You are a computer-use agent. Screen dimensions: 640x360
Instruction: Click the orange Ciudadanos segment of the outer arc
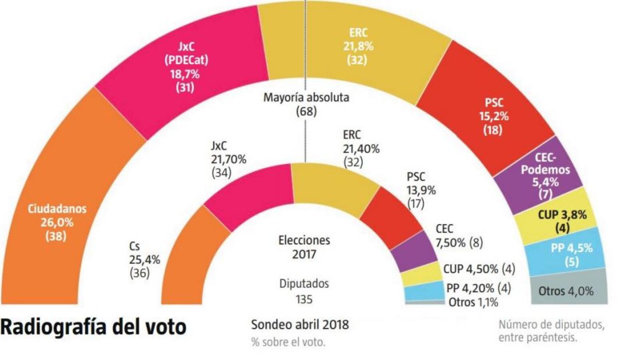pos(57,223)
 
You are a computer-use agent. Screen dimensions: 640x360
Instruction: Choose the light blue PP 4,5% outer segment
pos(568,254)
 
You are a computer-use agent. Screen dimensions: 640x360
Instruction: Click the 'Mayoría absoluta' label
pos(306,98)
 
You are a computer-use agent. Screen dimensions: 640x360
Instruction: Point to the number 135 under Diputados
pos(304,300)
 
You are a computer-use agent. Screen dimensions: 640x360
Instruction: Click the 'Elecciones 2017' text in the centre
pos(304,247)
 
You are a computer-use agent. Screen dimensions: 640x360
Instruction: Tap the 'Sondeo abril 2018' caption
pos(300,325)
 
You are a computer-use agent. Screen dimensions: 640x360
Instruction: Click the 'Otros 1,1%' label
pos(474,302)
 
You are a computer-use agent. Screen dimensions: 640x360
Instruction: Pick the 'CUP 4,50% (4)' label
pos(479,269)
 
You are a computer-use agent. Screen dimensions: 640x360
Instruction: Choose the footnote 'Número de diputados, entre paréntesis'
pos(552,331)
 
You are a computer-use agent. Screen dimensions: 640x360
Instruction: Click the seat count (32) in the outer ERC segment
pos(357,60)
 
